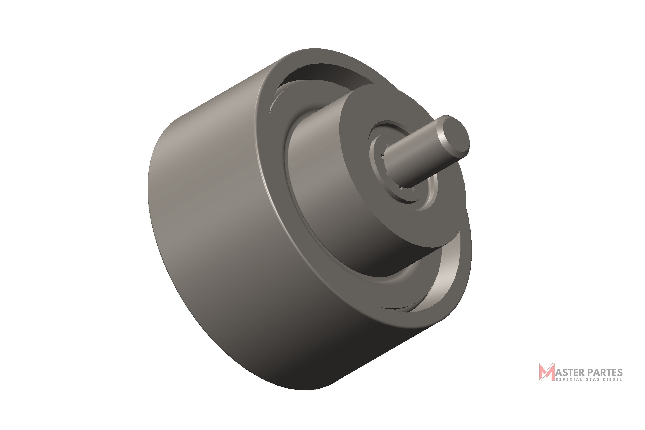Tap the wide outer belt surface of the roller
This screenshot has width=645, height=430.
point(233,219)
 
